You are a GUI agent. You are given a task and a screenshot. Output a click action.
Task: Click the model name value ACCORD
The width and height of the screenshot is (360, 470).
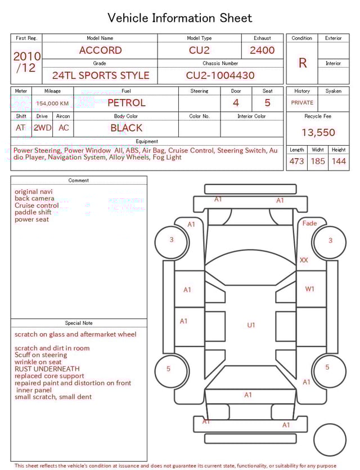coord(100,50)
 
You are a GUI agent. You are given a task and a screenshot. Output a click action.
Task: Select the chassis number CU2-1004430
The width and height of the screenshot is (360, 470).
coord(220,75)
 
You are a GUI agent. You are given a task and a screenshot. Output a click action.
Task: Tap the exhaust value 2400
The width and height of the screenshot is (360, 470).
coord(262,50)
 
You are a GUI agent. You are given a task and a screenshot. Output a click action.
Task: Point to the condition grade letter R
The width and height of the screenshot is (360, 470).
coord(303,63)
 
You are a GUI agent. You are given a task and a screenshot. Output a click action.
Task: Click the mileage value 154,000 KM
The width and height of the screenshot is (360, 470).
coord(52,104)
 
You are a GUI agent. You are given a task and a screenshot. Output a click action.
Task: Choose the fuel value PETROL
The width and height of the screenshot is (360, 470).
coord(127,103)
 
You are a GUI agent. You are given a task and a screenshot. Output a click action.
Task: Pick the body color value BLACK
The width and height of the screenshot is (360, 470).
coord(127,128)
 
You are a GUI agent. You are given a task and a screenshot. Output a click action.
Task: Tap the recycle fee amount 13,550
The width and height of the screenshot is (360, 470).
coord(318,132)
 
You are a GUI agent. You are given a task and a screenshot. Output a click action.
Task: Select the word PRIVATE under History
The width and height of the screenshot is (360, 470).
coord(302,102)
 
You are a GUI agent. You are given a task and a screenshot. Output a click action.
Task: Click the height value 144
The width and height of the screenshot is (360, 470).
coord(339,161)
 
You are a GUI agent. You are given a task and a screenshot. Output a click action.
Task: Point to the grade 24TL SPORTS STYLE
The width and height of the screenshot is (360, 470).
coord(101,75)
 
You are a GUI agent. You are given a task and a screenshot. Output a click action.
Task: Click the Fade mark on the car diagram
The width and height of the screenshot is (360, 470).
coord(309,223)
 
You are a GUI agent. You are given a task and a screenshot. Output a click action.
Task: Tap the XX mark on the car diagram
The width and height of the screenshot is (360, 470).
coord(304,260)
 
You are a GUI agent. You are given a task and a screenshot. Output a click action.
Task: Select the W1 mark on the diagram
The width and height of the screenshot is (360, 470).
coord(309,289)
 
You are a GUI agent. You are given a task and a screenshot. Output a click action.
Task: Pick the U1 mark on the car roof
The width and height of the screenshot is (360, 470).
coord(251,325)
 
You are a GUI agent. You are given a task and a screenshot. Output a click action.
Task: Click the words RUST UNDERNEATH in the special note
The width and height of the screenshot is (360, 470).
coord(47,369)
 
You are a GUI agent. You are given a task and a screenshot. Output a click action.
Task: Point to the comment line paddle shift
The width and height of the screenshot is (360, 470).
coord(33,212)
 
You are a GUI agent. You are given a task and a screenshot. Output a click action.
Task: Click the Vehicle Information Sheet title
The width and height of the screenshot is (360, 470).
coord(179,18)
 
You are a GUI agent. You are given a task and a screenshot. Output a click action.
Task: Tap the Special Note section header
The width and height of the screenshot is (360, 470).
coord(79,323)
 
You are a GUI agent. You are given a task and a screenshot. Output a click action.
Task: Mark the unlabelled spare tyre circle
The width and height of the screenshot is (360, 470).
coord(330,440)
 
